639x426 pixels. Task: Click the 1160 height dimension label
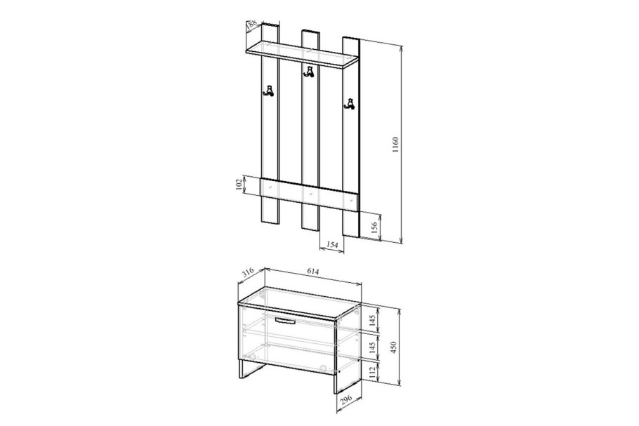click(x=395, y=145)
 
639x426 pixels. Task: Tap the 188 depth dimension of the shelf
click(x=251, y=24)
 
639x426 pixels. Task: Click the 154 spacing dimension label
click(x=333, y=244)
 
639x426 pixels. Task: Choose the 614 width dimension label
click(x=313, y=271)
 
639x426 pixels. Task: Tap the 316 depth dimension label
click(x=248, y=272)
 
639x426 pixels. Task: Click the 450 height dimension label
click(x=394, y=347)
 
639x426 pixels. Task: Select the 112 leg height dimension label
click(x=371, y=372)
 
